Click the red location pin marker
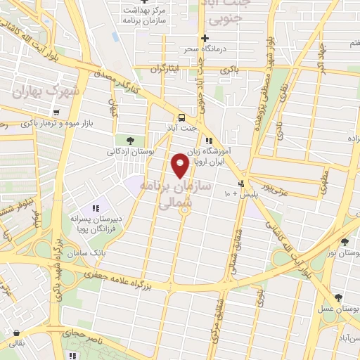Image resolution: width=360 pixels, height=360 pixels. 180,165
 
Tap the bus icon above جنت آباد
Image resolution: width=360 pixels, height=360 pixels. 182,117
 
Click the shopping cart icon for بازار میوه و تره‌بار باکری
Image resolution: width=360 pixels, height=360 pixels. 56,112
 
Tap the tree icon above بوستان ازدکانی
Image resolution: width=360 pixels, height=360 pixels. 129,140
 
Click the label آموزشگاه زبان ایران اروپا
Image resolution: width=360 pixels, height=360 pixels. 216,155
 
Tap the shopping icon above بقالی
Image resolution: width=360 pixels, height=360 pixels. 15,333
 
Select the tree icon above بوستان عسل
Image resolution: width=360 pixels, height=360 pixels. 339,297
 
